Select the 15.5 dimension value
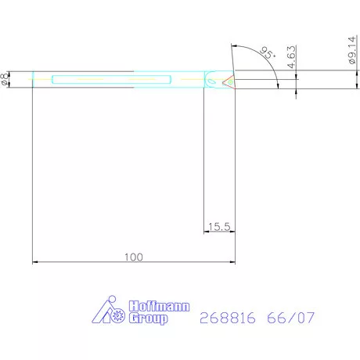point(219,227)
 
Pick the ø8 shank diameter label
point(6,78)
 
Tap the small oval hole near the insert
point(211,78)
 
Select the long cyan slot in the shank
point(110,78)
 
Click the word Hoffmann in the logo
point(154,308)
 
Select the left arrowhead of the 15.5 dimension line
point(207,232)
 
